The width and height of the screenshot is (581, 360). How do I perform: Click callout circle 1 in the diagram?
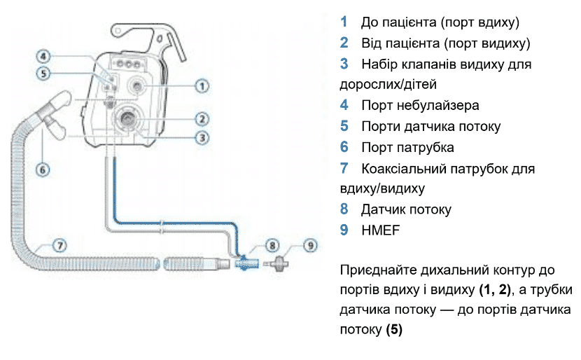tap(202, 86)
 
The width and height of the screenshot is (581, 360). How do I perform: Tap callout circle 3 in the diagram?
tap(202, 137)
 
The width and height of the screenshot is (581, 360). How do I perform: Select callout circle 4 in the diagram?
tap(43, 55)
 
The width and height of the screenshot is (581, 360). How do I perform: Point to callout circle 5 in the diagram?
tap(43, 72)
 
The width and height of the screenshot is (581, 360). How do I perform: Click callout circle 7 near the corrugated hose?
tap(61, 245)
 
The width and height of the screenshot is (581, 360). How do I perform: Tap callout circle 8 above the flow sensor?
tap(272, 245)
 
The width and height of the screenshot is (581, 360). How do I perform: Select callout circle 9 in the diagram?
tap(310, 245)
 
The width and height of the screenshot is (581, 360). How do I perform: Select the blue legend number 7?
tap(344, 168)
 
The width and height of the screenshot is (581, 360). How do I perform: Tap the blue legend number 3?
tap(344, 64)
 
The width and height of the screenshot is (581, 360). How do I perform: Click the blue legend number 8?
tap(344, 209)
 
